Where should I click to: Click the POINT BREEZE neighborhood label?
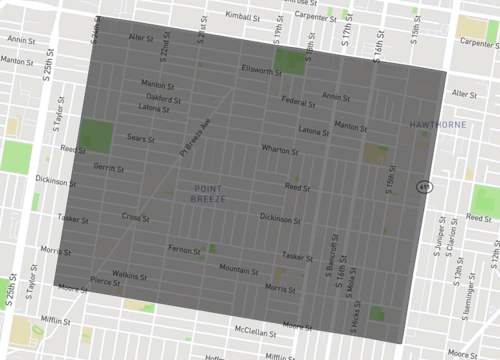[209, 195]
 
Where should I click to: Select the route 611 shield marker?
[425, 186]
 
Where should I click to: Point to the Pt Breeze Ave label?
[196, 139]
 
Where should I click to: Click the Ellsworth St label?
[261, 69]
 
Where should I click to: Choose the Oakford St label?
[164, 99]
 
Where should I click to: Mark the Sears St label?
[140, 138]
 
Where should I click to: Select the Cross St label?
[135, 215]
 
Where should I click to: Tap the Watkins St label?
[129, 273]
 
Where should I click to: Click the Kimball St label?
[242, 16]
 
